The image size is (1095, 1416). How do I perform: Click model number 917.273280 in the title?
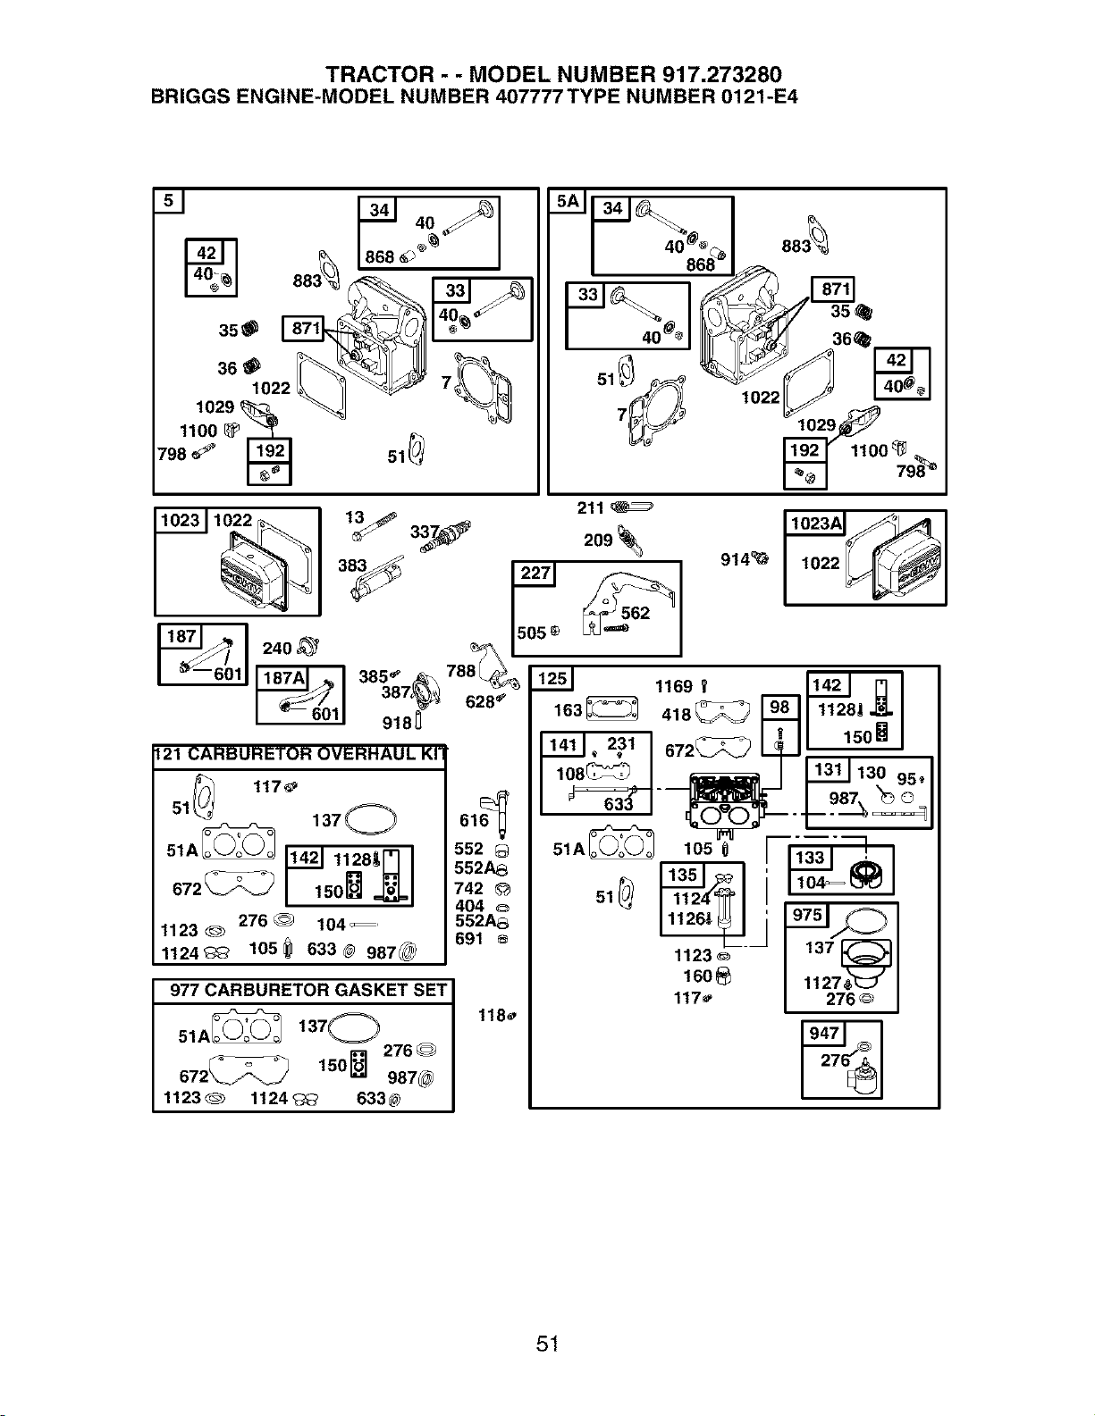[721, 74]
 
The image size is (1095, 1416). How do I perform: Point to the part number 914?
[735, 560]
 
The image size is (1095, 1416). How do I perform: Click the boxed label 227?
[535, 574]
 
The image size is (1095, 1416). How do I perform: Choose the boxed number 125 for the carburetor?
[552, 678]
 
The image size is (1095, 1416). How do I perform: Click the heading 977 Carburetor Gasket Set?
[308, 991]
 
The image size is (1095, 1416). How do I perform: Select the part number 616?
[474, 820]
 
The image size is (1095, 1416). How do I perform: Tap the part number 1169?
[673, 686]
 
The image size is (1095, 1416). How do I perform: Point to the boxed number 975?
[807, 915]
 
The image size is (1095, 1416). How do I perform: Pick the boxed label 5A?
[568, 201]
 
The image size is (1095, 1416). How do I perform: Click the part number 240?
[277, 649]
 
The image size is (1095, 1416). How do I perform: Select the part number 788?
[461, 671]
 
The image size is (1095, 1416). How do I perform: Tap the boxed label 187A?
[283, 678]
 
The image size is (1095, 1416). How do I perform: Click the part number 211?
[591, 507]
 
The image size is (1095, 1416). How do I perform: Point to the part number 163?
[568, 709]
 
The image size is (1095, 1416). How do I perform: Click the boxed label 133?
[810, 858]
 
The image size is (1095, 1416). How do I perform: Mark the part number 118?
[492, 1015]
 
